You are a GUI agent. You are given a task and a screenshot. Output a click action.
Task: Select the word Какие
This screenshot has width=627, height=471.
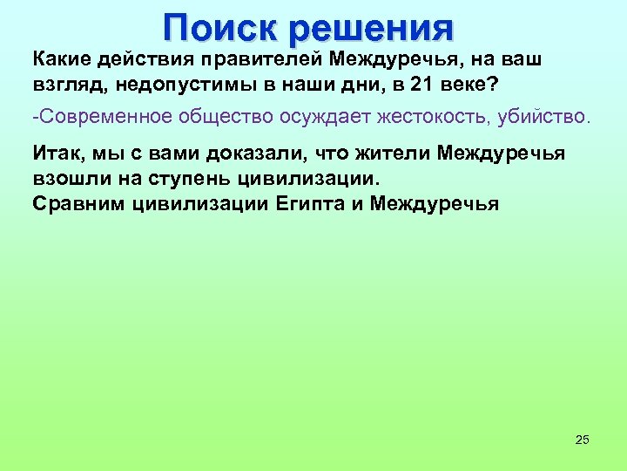[x=62, y=58]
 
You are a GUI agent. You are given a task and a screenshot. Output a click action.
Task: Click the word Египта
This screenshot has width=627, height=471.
[x=308, y=204]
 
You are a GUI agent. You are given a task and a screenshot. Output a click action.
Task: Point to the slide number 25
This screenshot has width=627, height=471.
[x=583, y=439]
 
